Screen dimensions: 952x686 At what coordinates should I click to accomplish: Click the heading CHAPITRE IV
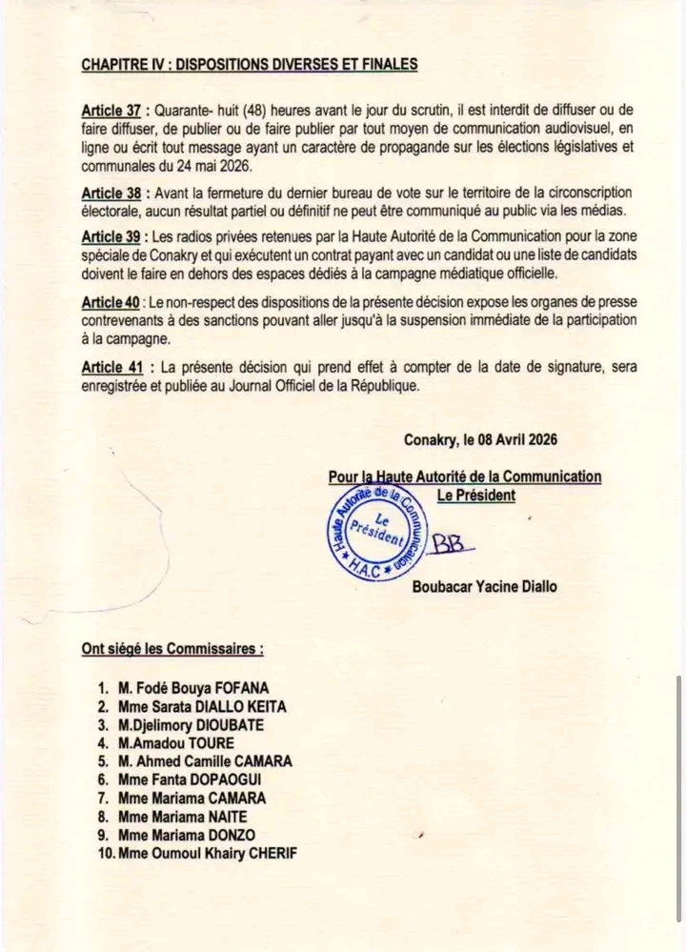click(x=250, y=65)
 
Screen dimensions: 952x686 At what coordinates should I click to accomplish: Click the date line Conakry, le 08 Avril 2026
click(x=480, y=439)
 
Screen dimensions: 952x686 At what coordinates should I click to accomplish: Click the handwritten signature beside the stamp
click(x=452, y=542)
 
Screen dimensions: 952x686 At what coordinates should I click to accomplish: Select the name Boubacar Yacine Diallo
click(x=485, y=586)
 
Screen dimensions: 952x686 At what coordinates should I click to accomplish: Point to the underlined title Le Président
click(x=475, y=495)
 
